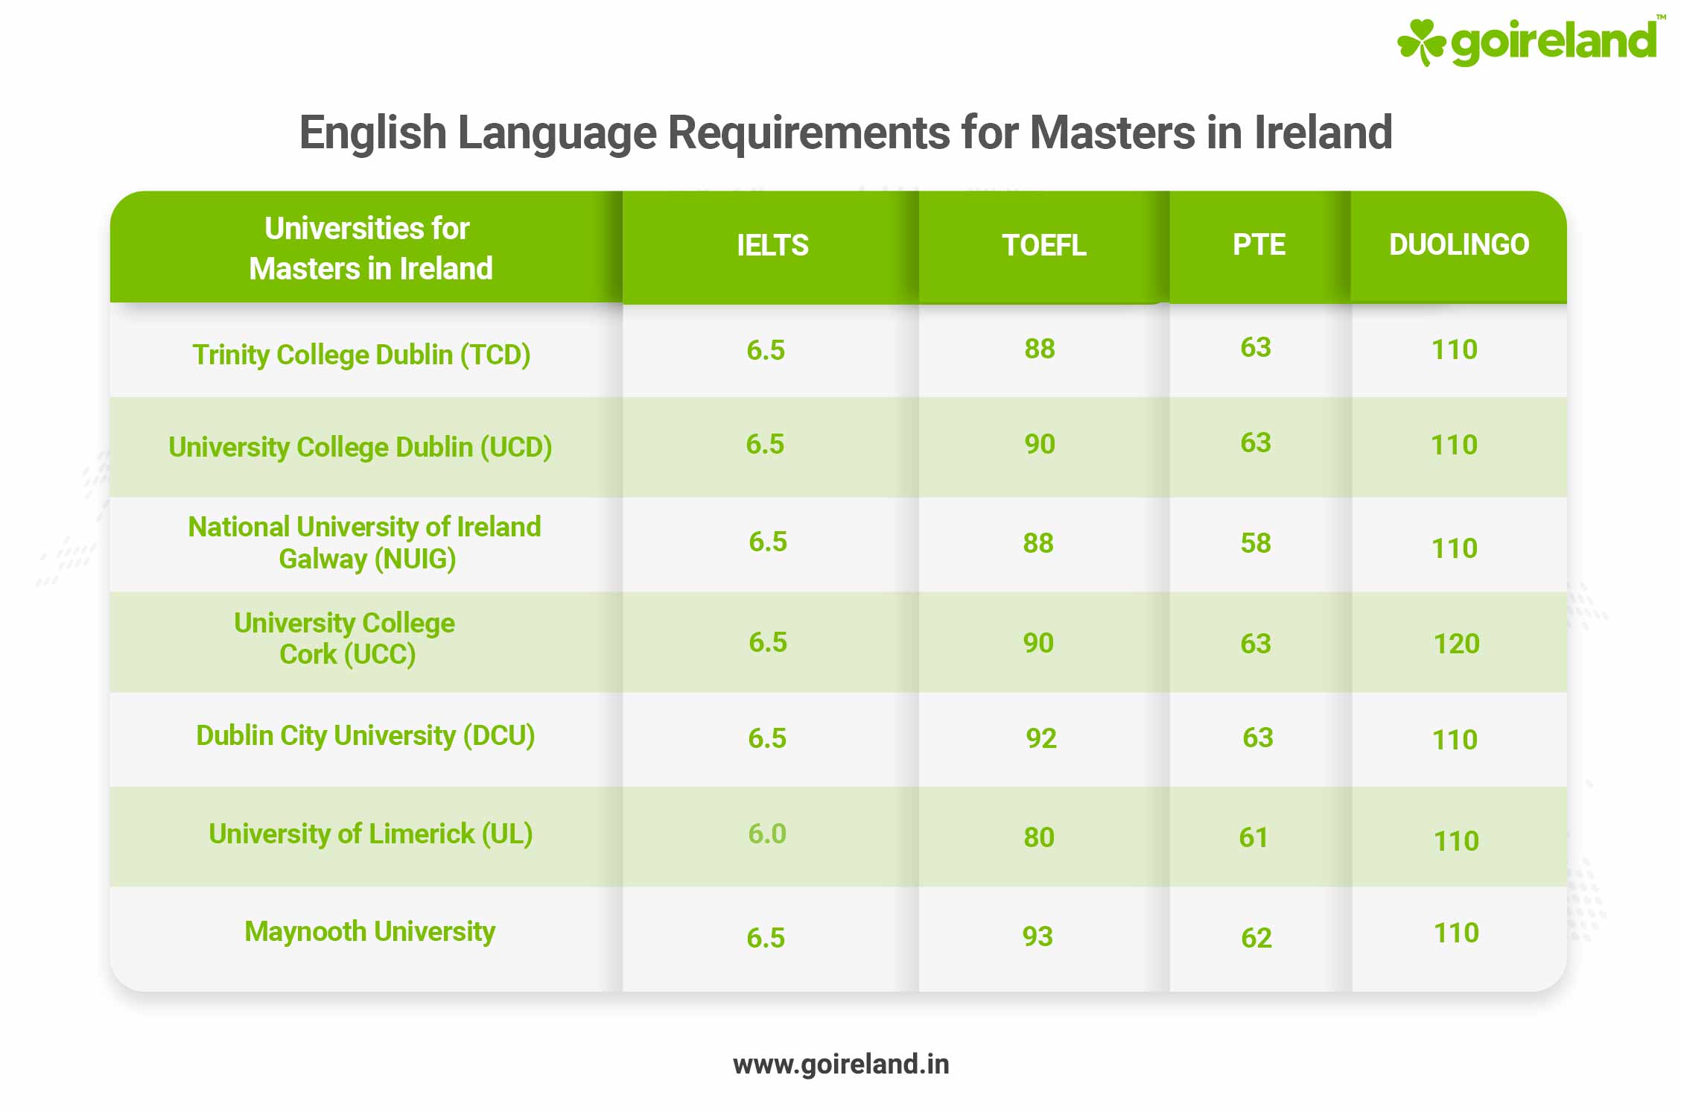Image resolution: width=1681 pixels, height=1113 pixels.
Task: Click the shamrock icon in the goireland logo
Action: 1420,42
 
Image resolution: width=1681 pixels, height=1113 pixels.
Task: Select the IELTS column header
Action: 772,245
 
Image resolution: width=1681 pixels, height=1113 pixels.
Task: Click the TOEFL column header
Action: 1043,245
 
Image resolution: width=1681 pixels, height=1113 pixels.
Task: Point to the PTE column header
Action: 1259,244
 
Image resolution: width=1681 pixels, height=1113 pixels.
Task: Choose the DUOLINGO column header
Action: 1458,244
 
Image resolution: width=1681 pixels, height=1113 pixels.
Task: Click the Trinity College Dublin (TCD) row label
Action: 361,355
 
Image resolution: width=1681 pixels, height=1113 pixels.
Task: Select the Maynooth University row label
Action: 369,931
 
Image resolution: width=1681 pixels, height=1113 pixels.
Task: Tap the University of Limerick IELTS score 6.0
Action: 767,834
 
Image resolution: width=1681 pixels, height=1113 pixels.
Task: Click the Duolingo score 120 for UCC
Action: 1456,644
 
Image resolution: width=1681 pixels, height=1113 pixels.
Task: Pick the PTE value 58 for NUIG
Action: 1256,543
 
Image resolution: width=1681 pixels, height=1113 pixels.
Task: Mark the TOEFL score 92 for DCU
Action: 1040,738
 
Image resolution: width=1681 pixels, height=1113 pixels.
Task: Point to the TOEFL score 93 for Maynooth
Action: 1037,936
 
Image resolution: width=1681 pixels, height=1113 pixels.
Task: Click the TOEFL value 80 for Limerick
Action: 1039,837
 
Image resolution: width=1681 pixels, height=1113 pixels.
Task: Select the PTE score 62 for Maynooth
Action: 1256,938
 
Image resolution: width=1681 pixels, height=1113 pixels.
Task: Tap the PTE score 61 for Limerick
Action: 1253,837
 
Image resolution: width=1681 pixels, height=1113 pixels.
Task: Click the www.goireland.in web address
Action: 841,1065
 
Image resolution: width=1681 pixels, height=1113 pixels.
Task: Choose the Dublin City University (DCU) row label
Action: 365,735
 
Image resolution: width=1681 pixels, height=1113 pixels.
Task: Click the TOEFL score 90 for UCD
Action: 1040,444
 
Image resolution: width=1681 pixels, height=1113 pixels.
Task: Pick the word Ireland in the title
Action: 1323,133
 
